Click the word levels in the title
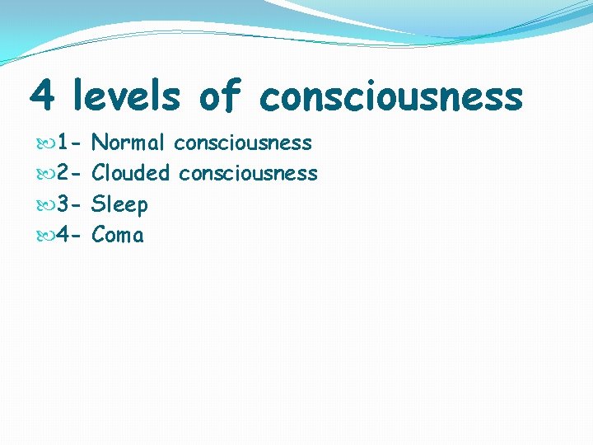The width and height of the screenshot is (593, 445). tap(126, 96)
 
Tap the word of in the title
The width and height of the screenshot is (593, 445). tap(219, 96)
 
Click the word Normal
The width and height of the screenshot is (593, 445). tap(128, 143)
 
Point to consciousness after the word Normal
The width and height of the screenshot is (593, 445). tap(243, 143)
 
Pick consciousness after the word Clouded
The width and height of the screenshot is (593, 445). tap(248, 174)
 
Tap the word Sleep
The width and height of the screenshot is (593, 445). tap(119, 205)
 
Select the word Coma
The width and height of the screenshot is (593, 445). tap(118, 236)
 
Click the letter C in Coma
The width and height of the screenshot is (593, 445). tap(99, 236)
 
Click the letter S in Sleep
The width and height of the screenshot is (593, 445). tap(98, 205)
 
